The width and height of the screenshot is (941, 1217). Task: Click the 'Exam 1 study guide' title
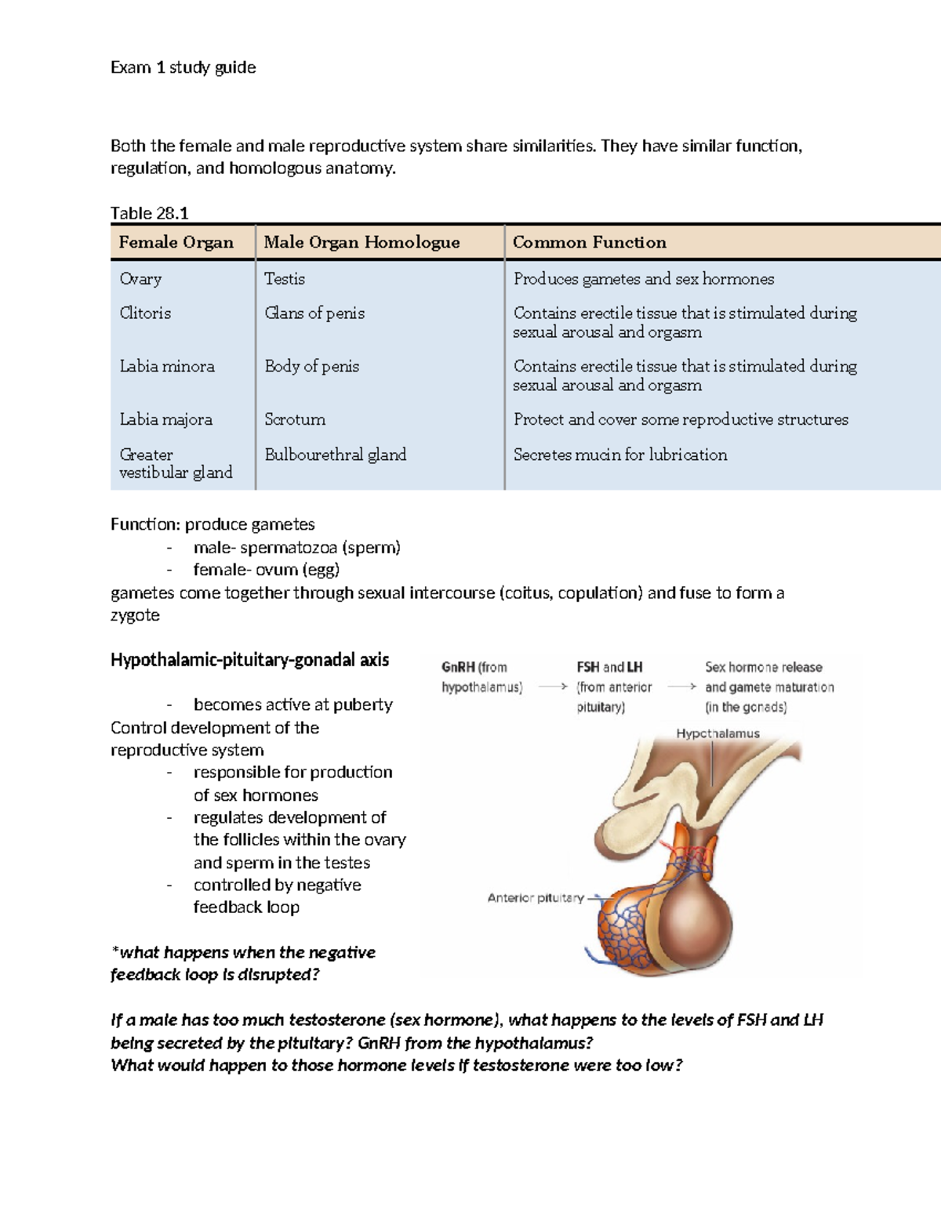click(x=183, y=67)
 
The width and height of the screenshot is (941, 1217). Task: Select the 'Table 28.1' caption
click(x=149, y=213)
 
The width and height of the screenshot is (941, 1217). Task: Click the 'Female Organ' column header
click(x=176, y=242)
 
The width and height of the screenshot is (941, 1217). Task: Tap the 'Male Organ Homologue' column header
click(x=362, y=242)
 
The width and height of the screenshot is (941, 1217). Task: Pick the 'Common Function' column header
click(x=589, y=242)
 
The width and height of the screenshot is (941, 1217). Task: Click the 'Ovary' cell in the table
click(x=140, y=279)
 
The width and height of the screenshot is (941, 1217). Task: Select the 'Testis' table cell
click(x=285, y=279)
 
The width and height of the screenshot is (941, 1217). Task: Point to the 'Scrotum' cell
click(x=295, y=419)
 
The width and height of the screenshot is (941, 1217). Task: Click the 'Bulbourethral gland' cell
click(x=335, y=455)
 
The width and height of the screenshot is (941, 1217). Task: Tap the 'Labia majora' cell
click(x=165, y=419)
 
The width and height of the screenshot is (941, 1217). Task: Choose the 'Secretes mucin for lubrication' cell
click(x=619, y=455)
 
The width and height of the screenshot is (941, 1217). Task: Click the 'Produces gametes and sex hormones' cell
click(x=643, y=279)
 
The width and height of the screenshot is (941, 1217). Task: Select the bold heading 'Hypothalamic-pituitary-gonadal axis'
click(x=249, y=660)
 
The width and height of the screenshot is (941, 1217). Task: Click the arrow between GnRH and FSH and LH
click(x=553, y=686)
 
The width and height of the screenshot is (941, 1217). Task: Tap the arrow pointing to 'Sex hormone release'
click(x=681, y=686)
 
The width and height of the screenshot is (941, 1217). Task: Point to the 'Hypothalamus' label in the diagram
click(x=718, y=733)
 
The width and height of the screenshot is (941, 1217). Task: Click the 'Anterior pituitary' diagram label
click(x=536, y=897)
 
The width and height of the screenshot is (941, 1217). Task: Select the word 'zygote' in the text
click(x=135, y=615)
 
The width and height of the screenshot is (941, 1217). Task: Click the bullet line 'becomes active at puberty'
click(x=292, y=704)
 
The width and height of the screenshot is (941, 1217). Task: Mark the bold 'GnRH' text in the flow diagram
click(x=458, y=668)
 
